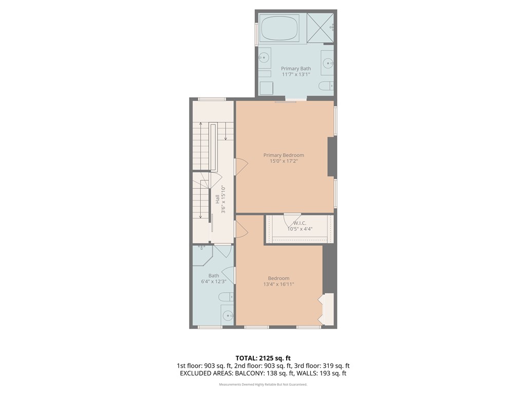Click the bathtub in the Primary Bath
pos(280,28)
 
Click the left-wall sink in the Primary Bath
pos(264,58)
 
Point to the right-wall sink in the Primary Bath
pos(328,63)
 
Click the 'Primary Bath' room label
pos(296,68)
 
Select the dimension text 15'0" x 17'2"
pos(284,161)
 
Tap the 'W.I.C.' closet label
pos(300,223)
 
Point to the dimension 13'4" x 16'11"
pos(278,284)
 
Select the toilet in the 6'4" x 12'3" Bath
pos(225,297)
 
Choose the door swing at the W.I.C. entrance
pos(292,218)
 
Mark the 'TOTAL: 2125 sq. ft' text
pos(262,358)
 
